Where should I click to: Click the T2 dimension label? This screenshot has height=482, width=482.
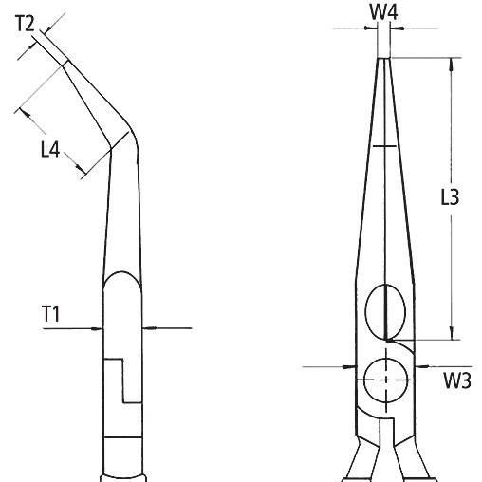pos(25,24)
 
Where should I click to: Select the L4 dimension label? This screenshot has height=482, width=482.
pos(50,149)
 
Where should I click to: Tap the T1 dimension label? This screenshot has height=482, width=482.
pos(50,314)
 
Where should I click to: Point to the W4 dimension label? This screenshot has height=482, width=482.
pos(383,12)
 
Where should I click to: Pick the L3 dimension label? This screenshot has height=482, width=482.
pos(450,197)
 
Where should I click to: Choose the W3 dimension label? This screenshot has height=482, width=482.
pos(457,380)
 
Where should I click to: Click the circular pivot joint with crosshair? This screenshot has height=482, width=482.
pos(386,380)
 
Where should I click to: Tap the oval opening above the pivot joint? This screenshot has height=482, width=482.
pos(385,311)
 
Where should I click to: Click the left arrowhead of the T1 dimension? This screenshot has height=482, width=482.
pos(96,328)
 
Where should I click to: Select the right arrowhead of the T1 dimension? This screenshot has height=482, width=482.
pos(149,328)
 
